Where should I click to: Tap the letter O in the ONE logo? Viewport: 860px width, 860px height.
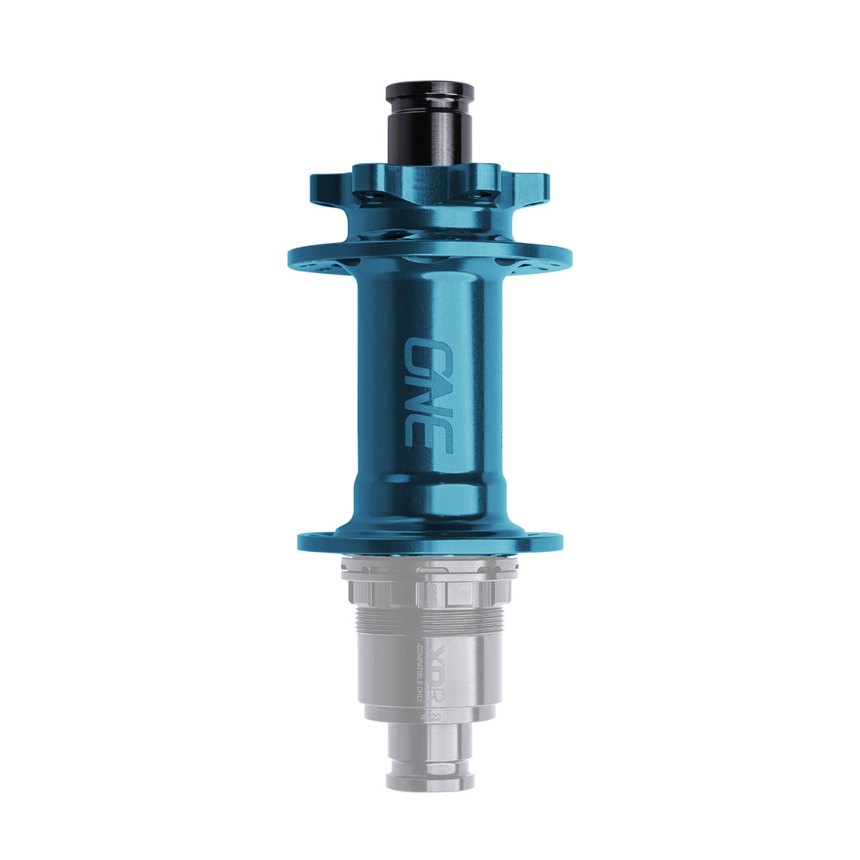tap(428, 353)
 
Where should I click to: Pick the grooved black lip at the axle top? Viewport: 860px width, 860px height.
tap(429, 91)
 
